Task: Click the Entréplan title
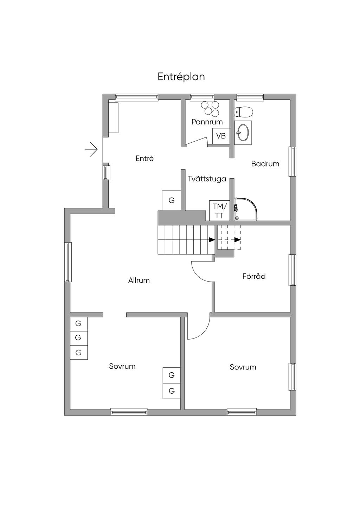(x=181, y=77)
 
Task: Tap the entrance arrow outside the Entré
(x=91, y=149)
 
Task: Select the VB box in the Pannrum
(x=221, y=136)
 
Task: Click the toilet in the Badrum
(x=244, y=112)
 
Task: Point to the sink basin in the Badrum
(x=243, y=133)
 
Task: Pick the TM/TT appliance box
(x=219, y=211)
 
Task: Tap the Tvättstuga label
(x=207, y=179)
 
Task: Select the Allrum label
(x=139, y=281)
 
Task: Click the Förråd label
(x=254, y=276)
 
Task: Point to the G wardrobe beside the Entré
(x=171, y=201)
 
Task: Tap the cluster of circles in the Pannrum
(x=210, y=108)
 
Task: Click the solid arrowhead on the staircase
(x=212, y=240)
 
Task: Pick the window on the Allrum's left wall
(x=68, y=262)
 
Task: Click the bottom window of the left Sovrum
(x=129, y=412)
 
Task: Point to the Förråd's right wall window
(x=292, y=270)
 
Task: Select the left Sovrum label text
(x=122, y=366)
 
